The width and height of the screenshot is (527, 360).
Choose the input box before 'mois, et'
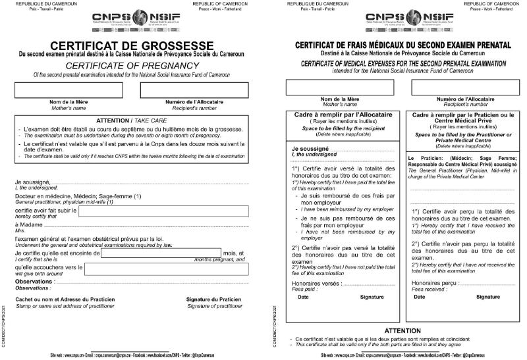click(161, 253)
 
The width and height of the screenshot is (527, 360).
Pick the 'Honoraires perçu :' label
click(435, 282)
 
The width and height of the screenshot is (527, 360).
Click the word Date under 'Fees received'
click(419, 297)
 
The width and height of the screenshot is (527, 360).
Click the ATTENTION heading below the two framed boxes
click(402, 330)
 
